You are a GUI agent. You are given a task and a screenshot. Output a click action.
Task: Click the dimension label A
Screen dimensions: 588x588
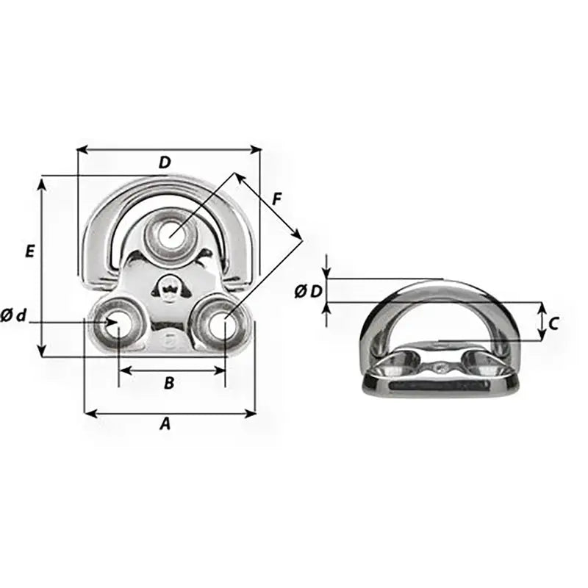(165, 423)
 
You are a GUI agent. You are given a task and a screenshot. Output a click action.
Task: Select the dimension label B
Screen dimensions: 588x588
(169, 382)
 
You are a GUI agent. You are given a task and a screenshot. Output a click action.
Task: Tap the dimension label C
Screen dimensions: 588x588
(554, 322)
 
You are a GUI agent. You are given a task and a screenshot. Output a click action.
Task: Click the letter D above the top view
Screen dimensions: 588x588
(165, 162)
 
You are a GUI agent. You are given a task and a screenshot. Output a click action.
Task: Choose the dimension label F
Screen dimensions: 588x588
(276, 198)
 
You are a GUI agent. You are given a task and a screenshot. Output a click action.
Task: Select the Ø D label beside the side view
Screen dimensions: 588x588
(308, 291)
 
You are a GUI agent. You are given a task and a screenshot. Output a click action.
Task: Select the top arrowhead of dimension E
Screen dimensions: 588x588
(43, 181)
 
